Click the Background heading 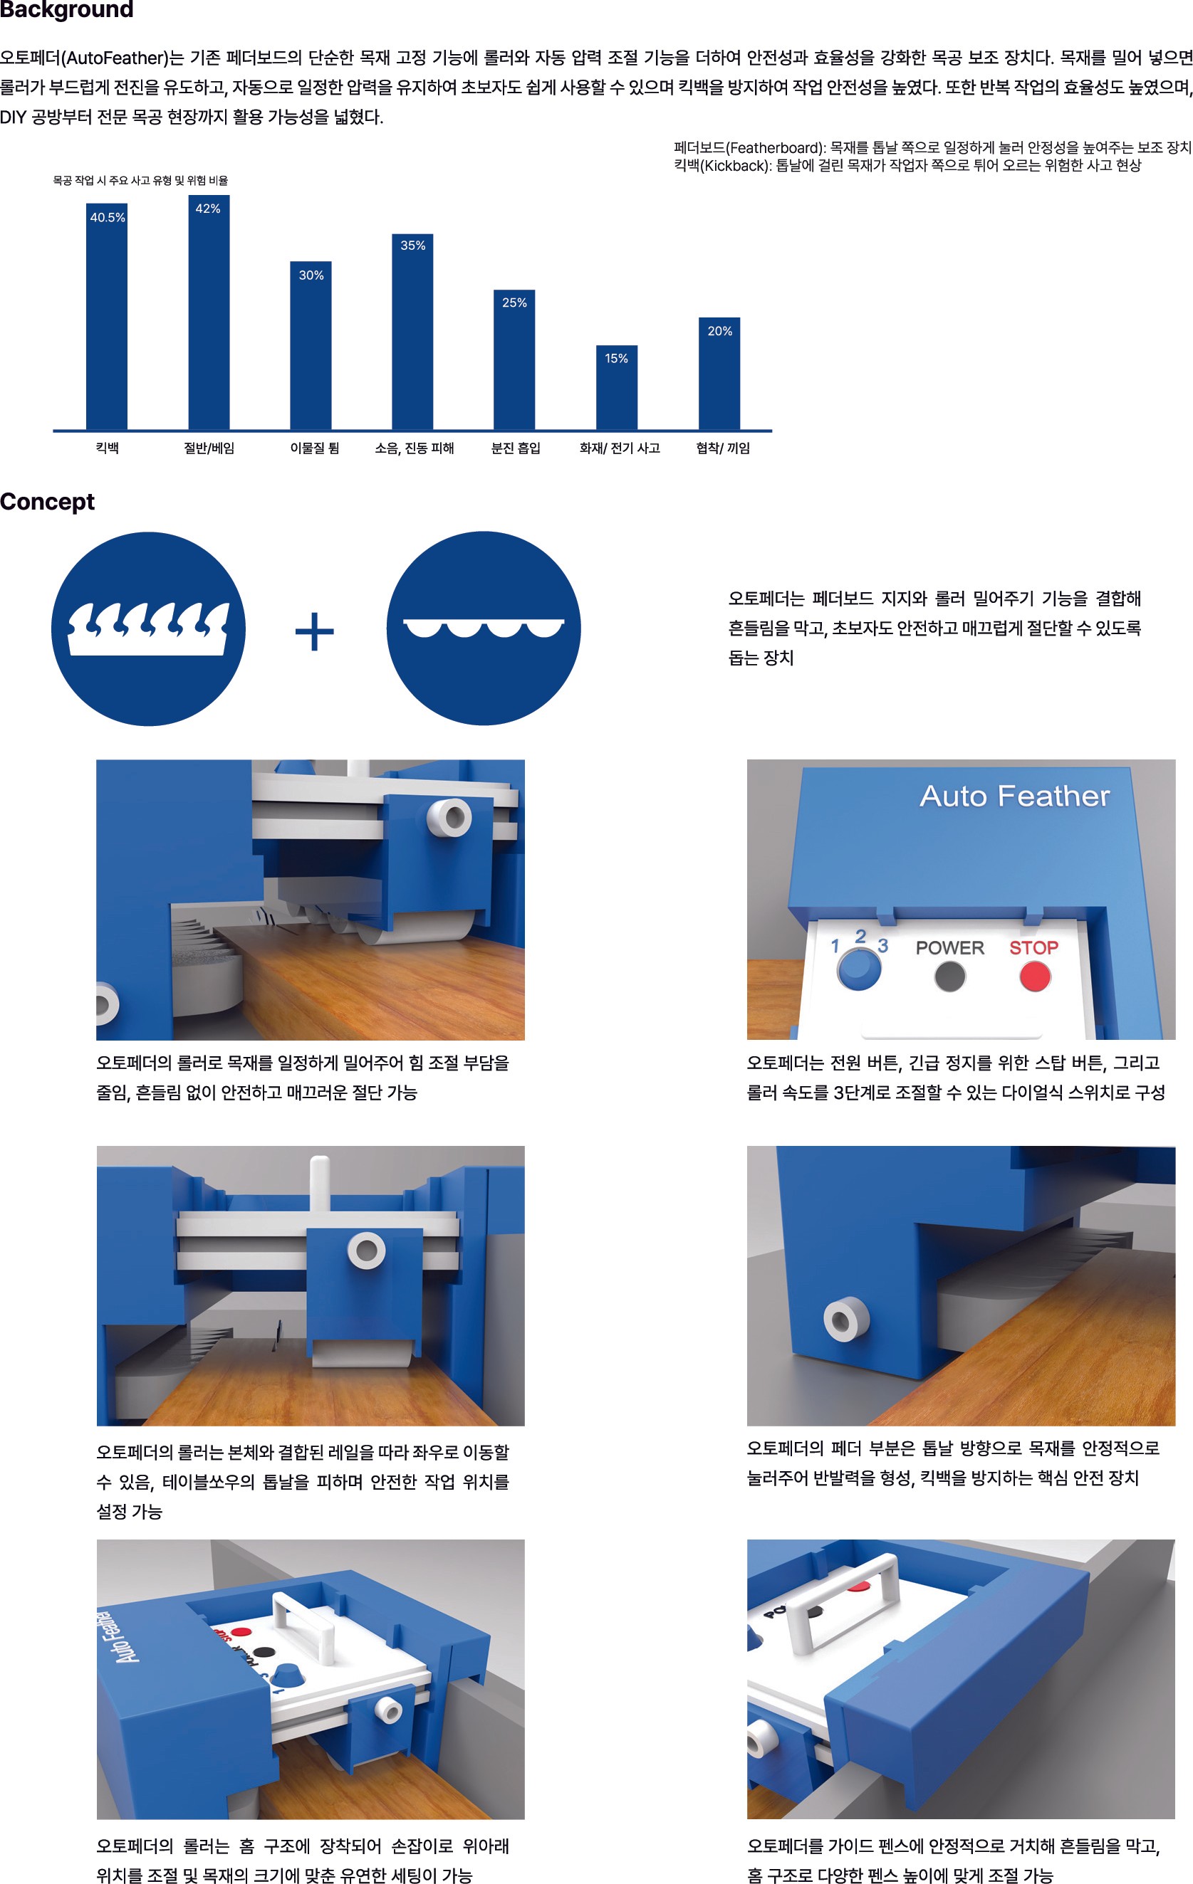[x=66, y=9]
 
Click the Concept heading [x=47, y=502]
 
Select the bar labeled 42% [x=208, y=312]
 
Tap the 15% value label [x=616, y=358]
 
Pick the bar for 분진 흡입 [x=514, y=359]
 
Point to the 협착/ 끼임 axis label [x=722, y=448]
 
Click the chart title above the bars [x=140, y=180]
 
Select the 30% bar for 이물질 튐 [x=311, y=345]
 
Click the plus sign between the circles [x=315, y=631]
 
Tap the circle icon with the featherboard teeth [x=149, y=629]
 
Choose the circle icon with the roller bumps [x=484, y=628]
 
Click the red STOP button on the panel [x=1035, y=976]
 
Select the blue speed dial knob [x=859, y=969]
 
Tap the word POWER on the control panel [x=949, y=947]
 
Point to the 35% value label [x=412, y=246]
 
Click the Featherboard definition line [x=932, y=147]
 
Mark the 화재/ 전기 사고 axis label [x=619, y=448]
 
